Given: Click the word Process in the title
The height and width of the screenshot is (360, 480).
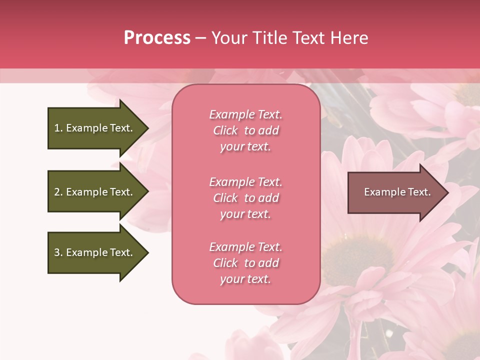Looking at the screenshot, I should click(157, 38).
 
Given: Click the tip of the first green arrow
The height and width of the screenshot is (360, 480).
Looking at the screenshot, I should click(147, 128).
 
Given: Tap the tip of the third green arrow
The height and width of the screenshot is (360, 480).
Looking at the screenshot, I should click(147, 252).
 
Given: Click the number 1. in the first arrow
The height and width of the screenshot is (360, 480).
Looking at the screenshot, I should click(58, 128).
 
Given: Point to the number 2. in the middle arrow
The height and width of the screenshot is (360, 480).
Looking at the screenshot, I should click(58, 192).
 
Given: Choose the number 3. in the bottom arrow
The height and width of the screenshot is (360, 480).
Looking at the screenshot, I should click(58, 252).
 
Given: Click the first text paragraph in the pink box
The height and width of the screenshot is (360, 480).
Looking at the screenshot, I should click(245, 130).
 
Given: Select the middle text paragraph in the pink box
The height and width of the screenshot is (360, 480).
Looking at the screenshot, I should click(245, 198).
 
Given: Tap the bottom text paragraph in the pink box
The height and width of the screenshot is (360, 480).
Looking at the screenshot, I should click(245, 263).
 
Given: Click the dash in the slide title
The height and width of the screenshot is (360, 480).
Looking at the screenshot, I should click(201, 38).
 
